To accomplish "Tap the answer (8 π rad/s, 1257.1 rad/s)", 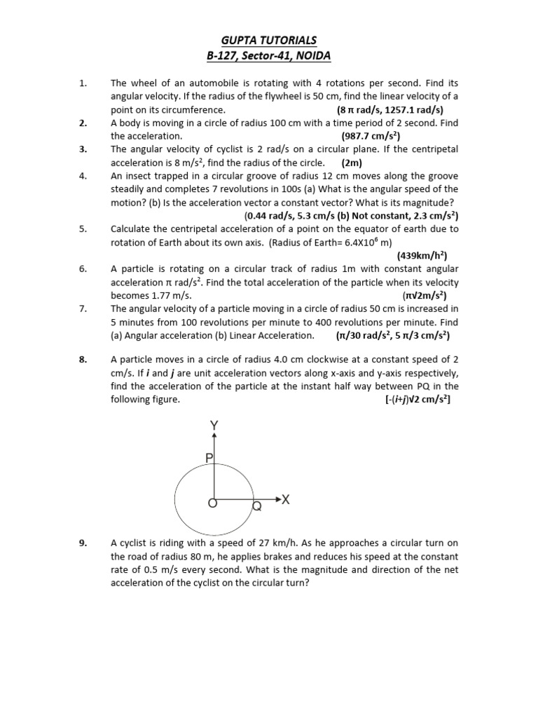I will click(x=389, y=110).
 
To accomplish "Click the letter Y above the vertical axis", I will click(x=214, y=425).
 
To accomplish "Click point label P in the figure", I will click(x=208, y=458).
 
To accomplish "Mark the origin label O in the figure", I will click(x=212, y=503).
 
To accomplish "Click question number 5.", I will click(x=83, y=229).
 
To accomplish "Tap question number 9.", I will click(x=83, y=543).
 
